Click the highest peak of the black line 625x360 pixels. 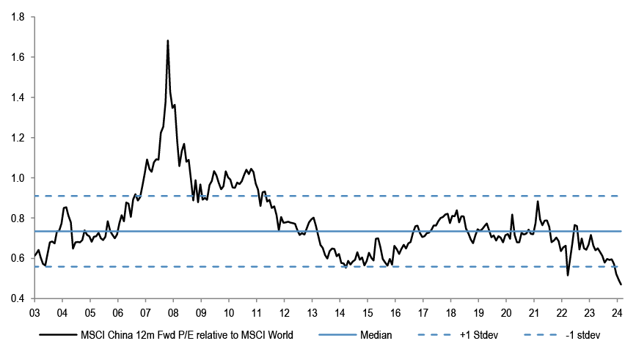click(x=168, y=41)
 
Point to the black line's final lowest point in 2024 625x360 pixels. click(x=621, y=284)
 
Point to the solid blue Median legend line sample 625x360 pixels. click(x=337, y=336)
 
